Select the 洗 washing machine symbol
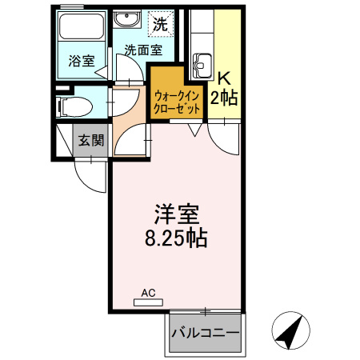161,24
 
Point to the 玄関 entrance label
90,141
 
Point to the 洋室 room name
177,214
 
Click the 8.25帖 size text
177,238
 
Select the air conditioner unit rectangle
150,302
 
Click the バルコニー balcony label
205,330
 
